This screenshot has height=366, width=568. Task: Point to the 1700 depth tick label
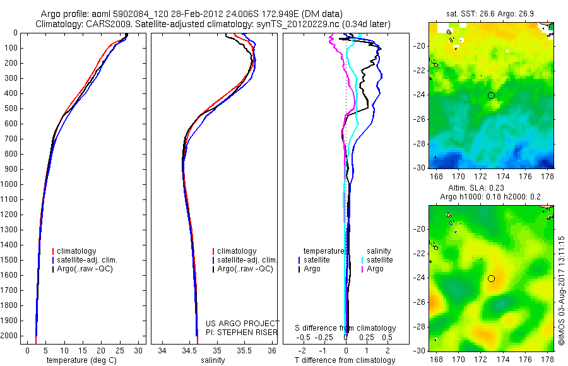pyautogui.click(x=10, y=290)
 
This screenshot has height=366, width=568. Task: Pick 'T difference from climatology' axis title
pyautogui.click(x=345, y=360)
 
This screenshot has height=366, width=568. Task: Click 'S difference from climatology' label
pyautogui.click(x=345, y=328)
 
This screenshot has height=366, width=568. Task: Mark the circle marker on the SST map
pyautogui.click(x=491, y=95)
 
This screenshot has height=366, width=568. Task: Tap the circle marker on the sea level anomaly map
pyautogui.click(x=491, y=278)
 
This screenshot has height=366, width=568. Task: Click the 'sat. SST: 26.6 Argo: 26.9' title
pyautogui.click(x=491, y=13)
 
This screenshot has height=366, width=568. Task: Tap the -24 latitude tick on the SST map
pyautogui.click(x=418, y=95)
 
